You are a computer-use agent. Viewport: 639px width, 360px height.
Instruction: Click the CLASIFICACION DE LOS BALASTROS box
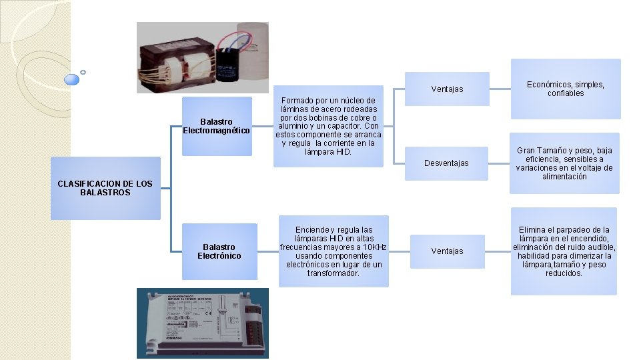tap(105, 188)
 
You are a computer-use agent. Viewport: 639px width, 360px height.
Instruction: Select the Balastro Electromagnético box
tap(217, 126)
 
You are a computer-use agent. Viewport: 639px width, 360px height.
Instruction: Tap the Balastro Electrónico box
tap(219, 251)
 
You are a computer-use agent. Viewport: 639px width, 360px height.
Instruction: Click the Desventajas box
tap(446, 163)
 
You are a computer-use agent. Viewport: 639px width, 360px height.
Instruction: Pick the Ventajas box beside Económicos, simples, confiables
tap(446, 89)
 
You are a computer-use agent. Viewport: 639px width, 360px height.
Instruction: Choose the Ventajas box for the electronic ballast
tap(446, 251)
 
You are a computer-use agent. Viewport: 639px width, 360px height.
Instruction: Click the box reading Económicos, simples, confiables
tap(565, 89)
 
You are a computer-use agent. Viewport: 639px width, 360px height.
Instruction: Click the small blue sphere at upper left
tap(71, 79)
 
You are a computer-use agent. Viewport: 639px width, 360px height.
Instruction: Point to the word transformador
tap(333, 273)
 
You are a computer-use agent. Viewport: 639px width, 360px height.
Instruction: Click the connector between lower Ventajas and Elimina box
tap(498, 251)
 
